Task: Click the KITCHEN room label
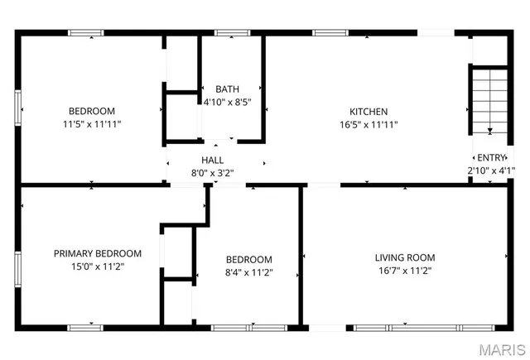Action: pyautogui.click(x=369, y=112)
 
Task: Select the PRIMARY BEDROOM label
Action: pyautogui.click(x=98, y=253)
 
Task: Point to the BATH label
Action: pyautogui.click(x=228, y=89)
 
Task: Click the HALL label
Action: pyautogui.click(x=213, y=160)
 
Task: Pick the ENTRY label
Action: pyautogui.click(x=490, y=157)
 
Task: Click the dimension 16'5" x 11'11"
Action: pyautogui.click(x=369, y=125)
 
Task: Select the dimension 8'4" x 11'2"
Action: pyautogui.click(x=248, y=272)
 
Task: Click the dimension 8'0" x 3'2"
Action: pyautogui.click(x=213, y=173)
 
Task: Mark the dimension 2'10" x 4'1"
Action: pyautogui.click(x=490, y=170)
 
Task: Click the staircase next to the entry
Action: pyautogui.click(x=489, y=99)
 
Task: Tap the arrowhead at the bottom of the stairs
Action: pyautogui.click(x=489, y=130)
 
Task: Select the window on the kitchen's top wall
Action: pyautogui.click(x=330, y=33)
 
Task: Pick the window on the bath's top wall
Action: pyautogui.click(x=227, y=33)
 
